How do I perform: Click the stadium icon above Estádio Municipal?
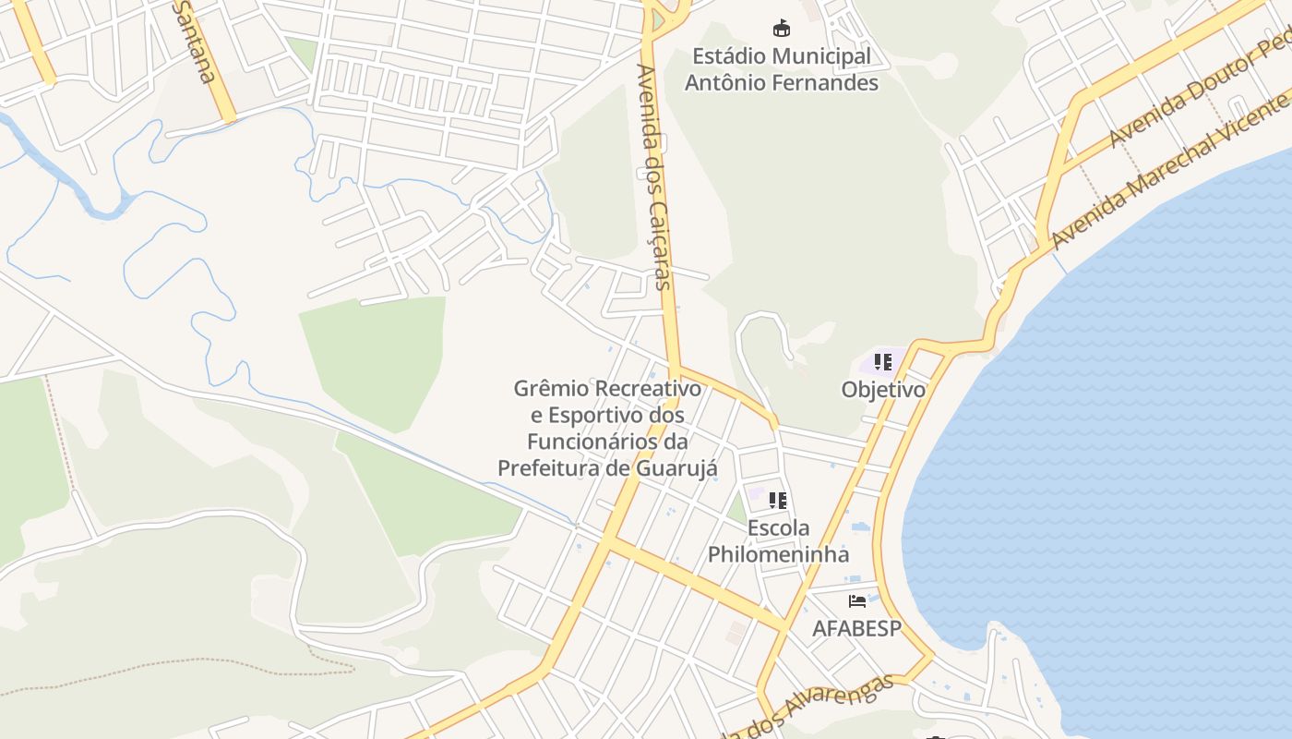pos(782,28)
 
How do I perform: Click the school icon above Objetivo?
pos(883,362)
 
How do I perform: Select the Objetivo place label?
pos(883,390)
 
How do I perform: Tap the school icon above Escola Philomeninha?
pos(778,501)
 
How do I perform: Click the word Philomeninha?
pos(778,554)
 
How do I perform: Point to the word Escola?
pos(778,528)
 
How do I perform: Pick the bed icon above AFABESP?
pos(857,601)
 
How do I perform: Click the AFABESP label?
pos(856,628)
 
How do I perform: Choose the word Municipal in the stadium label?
pos(821,57)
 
